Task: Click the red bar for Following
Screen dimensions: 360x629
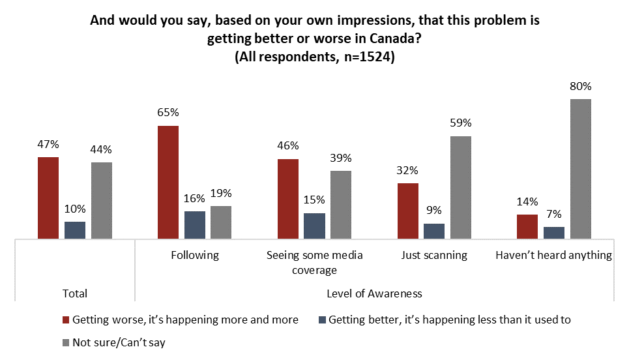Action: (x=168, y=183)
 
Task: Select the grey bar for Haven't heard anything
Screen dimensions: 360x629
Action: (x=580, y=169)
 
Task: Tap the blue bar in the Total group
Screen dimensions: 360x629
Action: (x=75, y=230)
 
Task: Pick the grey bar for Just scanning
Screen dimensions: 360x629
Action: (x=460, y=188)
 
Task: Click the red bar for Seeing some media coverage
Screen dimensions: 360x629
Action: (x=288, y=199)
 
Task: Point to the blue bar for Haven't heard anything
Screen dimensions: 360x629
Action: (x=554, y=233)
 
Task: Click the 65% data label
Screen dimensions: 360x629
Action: (x=168, y=112)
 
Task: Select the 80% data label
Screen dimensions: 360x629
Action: (x=580, y=86)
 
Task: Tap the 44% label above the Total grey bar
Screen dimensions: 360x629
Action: (x=102, y=149)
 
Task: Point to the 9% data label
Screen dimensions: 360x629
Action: (x=434, y=210)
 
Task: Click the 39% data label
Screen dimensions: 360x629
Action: (x=341, y=158)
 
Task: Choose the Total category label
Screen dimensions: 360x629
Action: (x=74, y=293)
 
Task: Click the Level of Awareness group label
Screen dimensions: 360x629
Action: (x=374, y=293)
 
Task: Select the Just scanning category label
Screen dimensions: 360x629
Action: (x=434, y=255)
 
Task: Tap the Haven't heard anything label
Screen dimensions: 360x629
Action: (x=553, y=255)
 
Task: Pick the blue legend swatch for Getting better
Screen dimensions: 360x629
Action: (x=321, y=320)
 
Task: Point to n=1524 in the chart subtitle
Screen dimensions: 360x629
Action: (x=364, y=57)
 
